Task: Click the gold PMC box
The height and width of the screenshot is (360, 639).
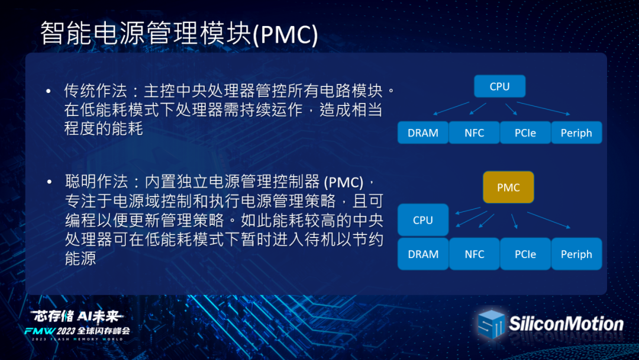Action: (508, 187)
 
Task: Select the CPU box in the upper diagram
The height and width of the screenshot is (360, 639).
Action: (499, 86)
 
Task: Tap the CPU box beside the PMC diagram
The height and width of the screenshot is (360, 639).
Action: (423, 220)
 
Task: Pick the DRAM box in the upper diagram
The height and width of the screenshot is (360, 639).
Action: (423, 133)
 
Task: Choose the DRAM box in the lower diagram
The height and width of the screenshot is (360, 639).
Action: (423, 254)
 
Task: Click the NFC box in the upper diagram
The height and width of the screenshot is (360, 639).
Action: (475, 133)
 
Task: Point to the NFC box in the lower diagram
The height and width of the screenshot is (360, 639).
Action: (475, 254)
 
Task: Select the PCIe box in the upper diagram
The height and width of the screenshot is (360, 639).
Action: (525, 133)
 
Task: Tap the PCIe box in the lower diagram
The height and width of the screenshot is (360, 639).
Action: (525, 254)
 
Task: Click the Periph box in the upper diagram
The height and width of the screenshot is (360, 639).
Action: (576, 133)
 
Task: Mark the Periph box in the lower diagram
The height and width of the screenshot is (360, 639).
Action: (576, 254)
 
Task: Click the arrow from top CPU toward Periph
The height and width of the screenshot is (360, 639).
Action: (543, 108)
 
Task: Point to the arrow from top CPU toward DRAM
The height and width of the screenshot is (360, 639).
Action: (451, 108)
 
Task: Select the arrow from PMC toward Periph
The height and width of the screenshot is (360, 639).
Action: (548, 220)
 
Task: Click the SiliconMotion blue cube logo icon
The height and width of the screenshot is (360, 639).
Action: (491, 324)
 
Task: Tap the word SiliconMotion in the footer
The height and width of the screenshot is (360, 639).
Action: (566, 324)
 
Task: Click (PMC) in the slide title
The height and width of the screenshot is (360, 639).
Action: (285, 34)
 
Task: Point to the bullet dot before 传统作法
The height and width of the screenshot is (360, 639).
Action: (49, 91)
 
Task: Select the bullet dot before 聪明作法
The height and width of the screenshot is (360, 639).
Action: (49, 182)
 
